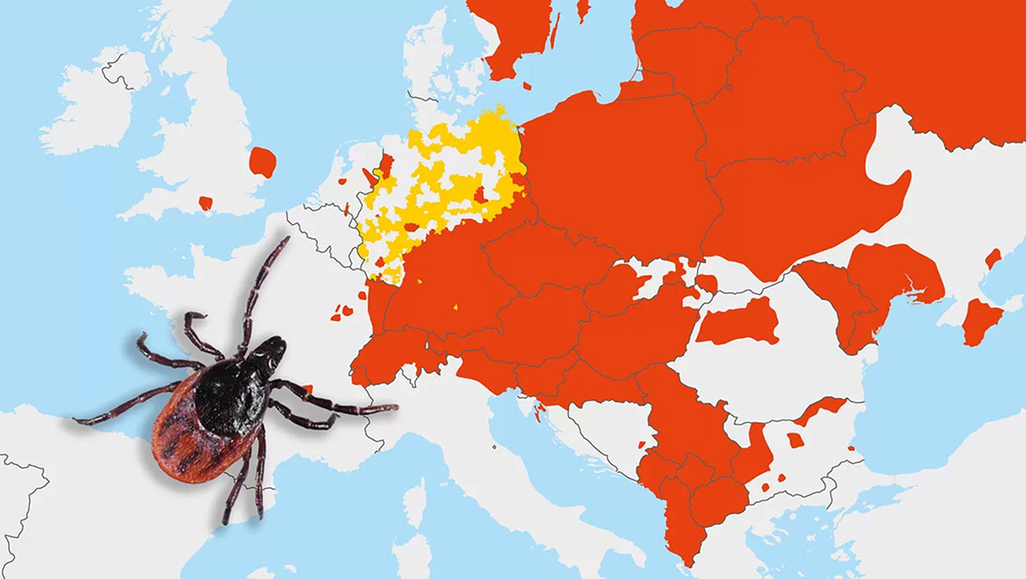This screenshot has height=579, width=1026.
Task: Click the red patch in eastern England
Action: click(263, 162)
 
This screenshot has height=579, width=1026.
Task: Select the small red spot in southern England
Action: click(205, 202)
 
